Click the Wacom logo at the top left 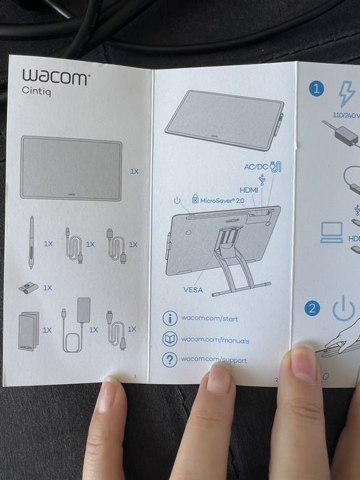pyautogui.click(x=56, y=77)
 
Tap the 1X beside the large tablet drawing pyautogui.click(x=134, y=171)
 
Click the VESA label pyautogui.click(x=193, y=289)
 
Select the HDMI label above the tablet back pyautogui.click(x=249, y=189)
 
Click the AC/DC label pyautogui.click(x=256, y=167)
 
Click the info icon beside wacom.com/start pyautogui.click(x=169, y=318)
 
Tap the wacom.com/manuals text pyautogui.click(x=215, y=339)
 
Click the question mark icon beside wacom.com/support pyautogui.click(x=169, y=360)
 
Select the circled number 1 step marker pyautogui.click(x=315, y=88)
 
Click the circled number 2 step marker pyautogui.click(x=313, y=308)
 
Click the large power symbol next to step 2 pyautogui.click(x=344, y=310)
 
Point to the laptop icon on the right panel pyautogui.click(x=332, y=232)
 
